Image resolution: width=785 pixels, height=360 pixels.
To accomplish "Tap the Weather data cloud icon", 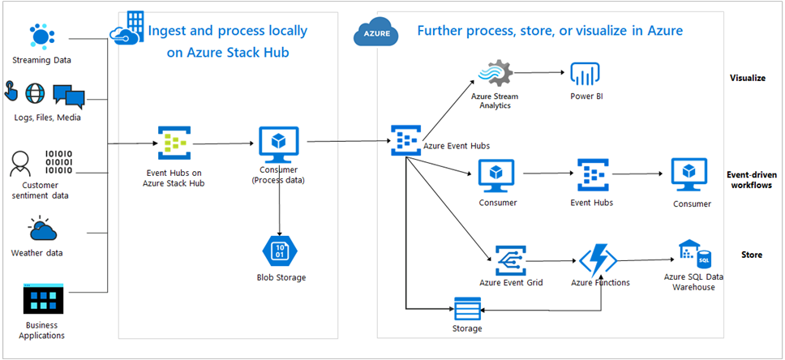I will (41, 230).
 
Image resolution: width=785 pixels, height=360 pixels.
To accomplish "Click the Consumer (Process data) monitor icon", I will (279, 144).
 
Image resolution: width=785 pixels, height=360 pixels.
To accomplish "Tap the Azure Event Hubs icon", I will (405, 141).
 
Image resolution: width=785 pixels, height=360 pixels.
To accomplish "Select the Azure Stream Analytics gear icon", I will (495, 75).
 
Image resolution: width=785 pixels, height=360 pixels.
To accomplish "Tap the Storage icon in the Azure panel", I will (467, 310).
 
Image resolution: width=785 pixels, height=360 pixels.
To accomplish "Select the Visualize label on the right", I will (747, 79).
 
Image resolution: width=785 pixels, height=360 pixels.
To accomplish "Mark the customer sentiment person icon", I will (19, 164).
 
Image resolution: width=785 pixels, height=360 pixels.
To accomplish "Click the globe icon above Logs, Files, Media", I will (36, 92).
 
